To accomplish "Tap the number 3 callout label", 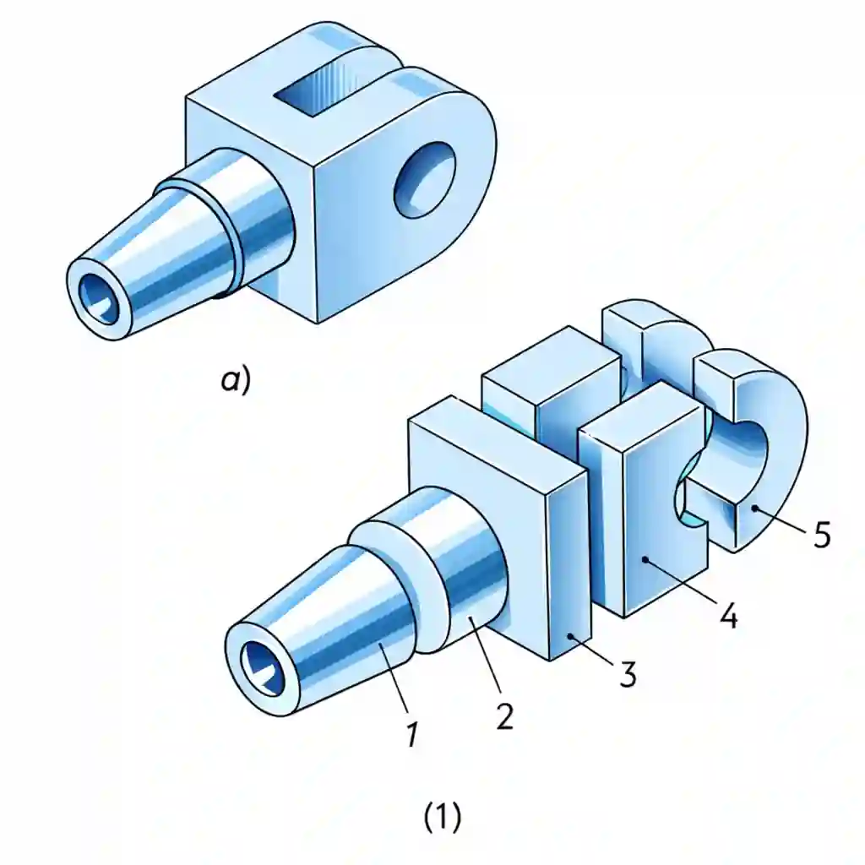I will [626, 673].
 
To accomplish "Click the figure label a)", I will [236, 380].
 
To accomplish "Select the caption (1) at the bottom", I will [441, 817].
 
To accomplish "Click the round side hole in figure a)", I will [426, 177].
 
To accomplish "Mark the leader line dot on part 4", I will [644, 558].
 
